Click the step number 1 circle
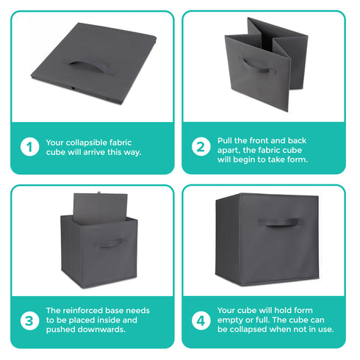29,147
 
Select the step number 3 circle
29,320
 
